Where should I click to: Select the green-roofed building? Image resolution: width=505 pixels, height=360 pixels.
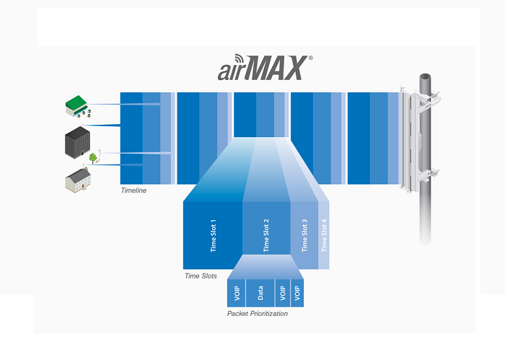(76, 108)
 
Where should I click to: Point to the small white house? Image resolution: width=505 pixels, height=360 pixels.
(77, 179)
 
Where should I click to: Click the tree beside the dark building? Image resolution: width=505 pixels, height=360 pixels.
(92, 157)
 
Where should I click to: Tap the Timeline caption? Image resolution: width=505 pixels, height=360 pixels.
(133, 190)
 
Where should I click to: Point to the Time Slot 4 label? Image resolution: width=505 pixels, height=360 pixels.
(324, 234)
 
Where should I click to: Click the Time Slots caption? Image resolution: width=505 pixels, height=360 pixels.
(201, 276)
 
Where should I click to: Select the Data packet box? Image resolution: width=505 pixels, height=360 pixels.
(260, 294)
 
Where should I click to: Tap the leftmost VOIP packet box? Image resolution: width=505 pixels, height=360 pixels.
(237, 294)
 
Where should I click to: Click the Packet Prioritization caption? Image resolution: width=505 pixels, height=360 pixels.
(257, 314)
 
